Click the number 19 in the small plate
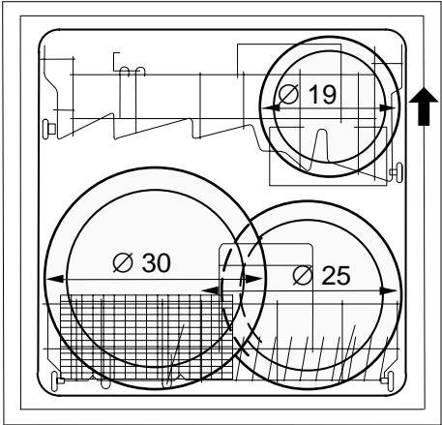[x=322, y=94]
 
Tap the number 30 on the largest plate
[x=157, y=262]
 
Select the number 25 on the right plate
[x=336, y=276]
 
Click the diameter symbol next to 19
[x=288, y=95]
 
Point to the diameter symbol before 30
[x=123, y=262]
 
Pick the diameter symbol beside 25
[x=303, y=276]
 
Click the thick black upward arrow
[x=424, y=106]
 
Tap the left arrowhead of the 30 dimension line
[x=55, y=279]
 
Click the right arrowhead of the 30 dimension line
[x=253, y=279]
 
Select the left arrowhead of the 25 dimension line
[x=210, y=290]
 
